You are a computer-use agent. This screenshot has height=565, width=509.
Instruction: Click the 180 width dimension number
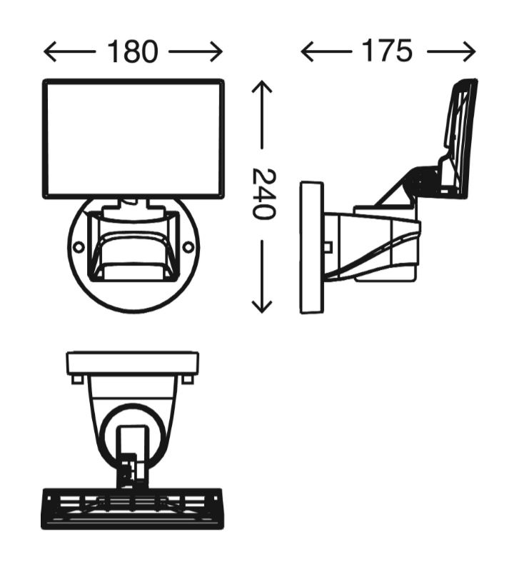point(133,52)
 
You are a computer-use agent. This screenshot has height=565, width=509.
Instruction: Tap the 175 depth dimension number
point(387,51)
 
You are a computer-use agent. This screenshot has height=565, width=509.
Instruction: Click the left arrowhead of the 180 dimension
point(50,52)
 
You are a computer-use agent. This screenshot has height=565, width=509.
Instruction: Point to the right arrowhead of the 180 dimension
point(216,52)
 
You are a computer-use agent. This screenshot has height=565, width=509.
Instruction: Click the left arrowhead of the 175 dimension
point(307,51)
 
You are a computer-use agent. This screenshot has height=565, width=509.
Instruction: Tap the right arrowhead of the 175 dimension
point(469,52)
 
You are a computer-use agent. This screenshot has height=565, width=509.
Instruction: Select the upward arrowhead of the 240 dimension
point(262,86)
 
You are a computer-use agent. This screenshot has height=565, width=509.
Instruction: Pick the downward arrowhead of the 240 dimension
point(262,306)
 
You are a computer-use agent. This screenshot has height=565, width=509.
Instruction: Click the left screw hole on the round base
point(79,247)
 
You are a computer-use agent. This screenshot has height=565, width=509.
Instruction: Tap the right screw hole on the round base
point(188,247)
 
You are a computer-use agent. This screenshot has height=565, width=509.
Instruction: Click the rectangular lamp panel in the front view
point(133,139)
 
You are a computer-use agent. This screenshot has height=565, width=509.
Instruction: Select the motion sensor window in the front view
point(133,256)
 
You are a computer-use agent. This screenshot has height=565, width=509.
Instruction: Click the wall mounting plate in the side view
point(312,247)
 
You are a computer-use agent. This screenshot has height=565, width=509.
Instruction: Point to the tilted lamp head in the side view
point(459,137)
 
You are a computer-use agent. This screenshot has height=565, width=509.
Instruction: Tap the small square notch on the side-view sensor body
point(328,247)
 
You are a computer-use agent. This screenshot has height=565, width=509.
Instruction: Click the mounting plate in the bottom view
point(133,363)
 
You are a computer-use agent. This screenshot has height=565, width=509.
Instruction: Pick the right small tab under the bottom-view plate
point(187,379)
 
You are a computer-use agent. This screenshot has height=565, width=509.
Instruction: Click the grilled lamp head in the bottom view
point(132,509)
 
